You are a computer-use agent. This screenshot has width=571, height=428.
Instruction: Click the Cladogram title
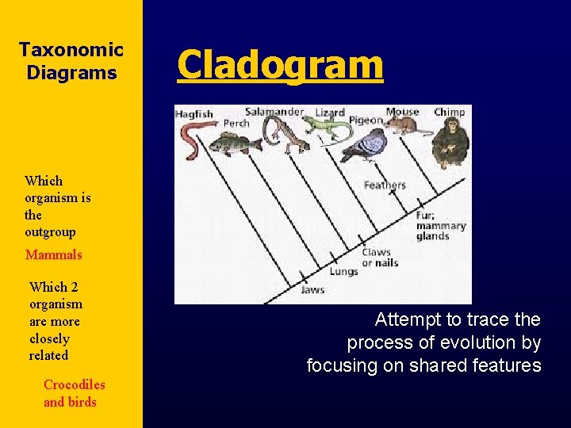[280, 65]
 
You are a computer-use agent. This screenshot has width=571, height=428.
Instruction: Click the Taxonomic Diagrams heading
[71, 62]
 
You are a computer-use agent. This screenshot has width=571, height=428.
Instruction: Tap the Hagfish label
[194, 114]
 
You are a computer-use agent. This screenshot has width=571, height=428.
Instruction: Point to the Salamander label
[274, 112]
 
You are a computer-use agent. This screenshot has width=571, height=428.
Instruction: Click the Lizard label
[330, 113]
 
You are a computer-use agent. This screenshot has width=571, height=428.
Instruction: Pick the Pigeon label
[366, 120]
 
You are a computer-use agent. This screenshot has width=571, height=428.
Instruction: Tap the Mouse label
[403, 112]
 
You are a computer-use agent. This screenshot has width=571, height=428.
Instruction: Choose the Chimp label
[450, 112]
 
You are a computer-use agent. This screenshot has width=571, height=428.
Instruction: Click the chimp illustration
[450, 143]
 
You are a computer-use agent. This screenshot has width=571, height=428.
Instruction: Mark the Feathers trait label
[385, 185]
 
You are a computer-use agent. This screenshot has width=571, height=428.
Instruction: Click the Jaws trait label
[312, 290]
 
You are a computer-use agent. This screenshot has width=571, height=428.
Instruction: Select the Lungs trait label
[343, 272]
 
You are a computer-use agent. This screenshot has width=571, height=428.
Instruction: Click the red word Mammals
[53, 255]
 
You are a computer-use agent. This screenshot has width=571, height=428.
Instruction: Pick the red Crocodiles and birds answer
[73, 393]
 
